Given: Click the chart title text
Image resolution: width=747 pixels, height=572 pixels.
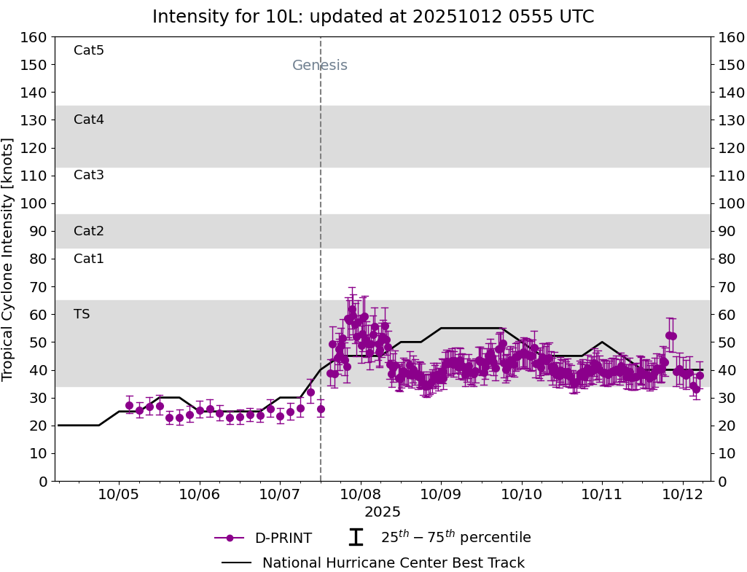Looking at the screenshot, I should (x=373, y=17).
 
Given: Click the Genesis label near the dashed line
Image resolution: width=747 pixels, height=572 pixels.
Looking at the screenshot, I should (x=320, y=66).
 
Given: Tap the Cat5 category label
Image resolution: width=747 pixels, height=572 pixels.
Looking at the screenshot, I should (x=89, y=50).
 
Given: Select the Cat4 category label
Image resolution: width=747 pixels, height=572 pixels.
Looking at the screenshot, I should (x=89, y=120).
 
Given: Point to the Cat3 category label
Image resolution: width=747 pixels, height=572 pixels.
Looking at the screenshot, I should (x=89, y=175).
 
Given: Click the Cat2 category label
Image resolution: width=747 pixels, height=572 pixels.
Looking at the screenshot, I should (x=89, y=231).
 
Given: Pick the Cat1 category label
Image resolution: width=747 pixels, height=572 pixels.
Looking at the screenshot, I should (x=89, y=259).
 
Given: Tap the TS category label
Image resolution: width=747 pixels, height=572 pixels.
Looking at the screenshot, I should (x=82, y=314).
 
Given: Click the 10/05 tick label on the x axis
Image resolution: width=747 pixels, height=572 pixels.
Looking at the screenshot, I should (x=119, y=494).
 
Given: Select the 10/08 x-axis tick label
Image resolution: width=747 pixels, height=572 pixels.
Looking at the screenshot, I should (x=360, y=494).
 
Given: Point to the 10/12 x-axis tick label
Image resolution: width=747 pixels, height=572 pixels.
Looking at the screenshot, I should (x=682, y=494).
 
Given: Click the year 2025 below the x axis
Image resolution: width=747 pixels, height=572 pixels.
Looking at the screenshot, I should (x=383, y=512).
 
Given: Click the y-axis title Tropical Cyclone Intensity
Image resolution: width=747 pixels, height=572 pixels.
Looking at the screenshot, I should (x=9, y=259).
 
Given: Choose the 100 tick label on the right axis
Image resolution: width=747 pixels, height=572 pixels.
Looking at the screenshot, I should (x=730, y=203).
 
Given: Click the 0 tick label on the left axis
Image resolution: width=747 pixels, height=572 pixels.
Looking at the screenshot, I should (x=43, y=481).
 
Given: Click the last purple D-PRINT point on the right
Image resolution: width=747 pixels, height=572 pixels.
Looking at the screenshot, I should (x=700, y=376).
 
